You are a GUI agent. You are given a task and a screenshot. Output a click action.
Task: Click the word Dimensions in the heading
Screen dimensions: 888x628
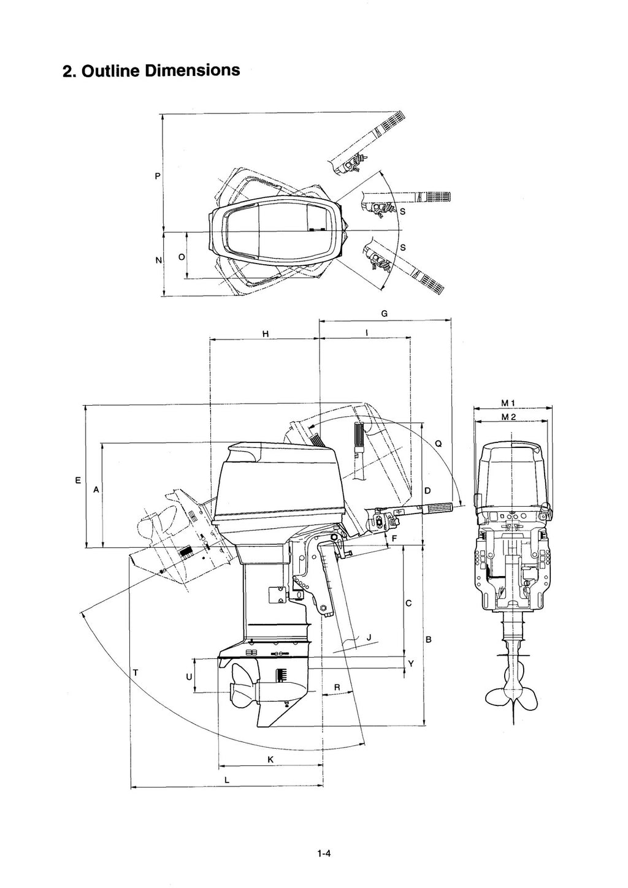pyautogui.click(x=192, y=70)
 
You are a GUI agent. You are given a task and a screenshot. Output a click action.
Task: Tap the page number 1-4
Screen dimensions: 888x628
pyautogui.click(x=324, y=853)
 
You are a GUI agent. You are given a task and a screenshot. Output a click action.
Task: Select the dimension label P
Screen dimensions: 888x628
pyautogui.click(x=157, y=176)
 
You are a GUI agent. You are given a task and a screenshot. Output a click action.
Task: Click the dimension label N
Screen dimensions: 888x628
pyautogui.click(x=158, y=260)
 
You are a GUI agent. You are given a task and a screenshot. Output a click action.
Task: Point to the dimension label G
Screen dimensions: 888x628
pyautogui.click(x=384, y=313)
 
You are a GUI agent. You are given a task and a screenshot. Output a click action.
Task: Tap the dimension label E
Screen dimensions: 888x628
pyautogui.click(x=77, y=480)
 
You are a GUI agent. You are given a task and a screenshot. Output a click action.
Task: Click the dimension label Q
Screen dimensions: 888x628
pyautogui.click(x=438, y=443)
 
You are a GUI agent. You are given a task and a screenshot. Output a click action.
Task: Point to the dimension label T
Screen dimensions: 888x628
pyautogui.click(x=135, y=673)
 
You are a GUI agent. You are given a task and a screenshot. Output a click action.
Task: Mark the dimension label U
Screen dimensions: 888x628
pyautogui.click(x=189, y=677)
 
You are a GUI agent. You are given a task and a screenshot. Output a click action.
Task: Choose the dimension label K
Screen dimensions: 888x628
pyautogui.click(x=270, y=760)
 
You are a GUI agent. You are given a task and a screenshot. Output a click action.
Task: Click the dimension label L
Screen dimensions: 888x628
pyautogui.click(x=227, y=780)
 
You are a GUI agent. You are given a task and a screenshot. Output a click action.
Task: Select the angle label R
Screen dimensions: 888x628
pyautogui.click(x=337, y=688)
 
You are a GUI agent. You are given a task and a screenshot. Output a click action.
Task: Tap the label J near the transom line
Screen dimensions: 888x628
pyautogui.click(x=368, y=638)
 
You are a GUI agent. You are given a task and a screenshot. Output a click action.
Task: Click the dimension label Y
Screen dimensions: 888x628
pyautogui.click(x=411, y=664)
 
